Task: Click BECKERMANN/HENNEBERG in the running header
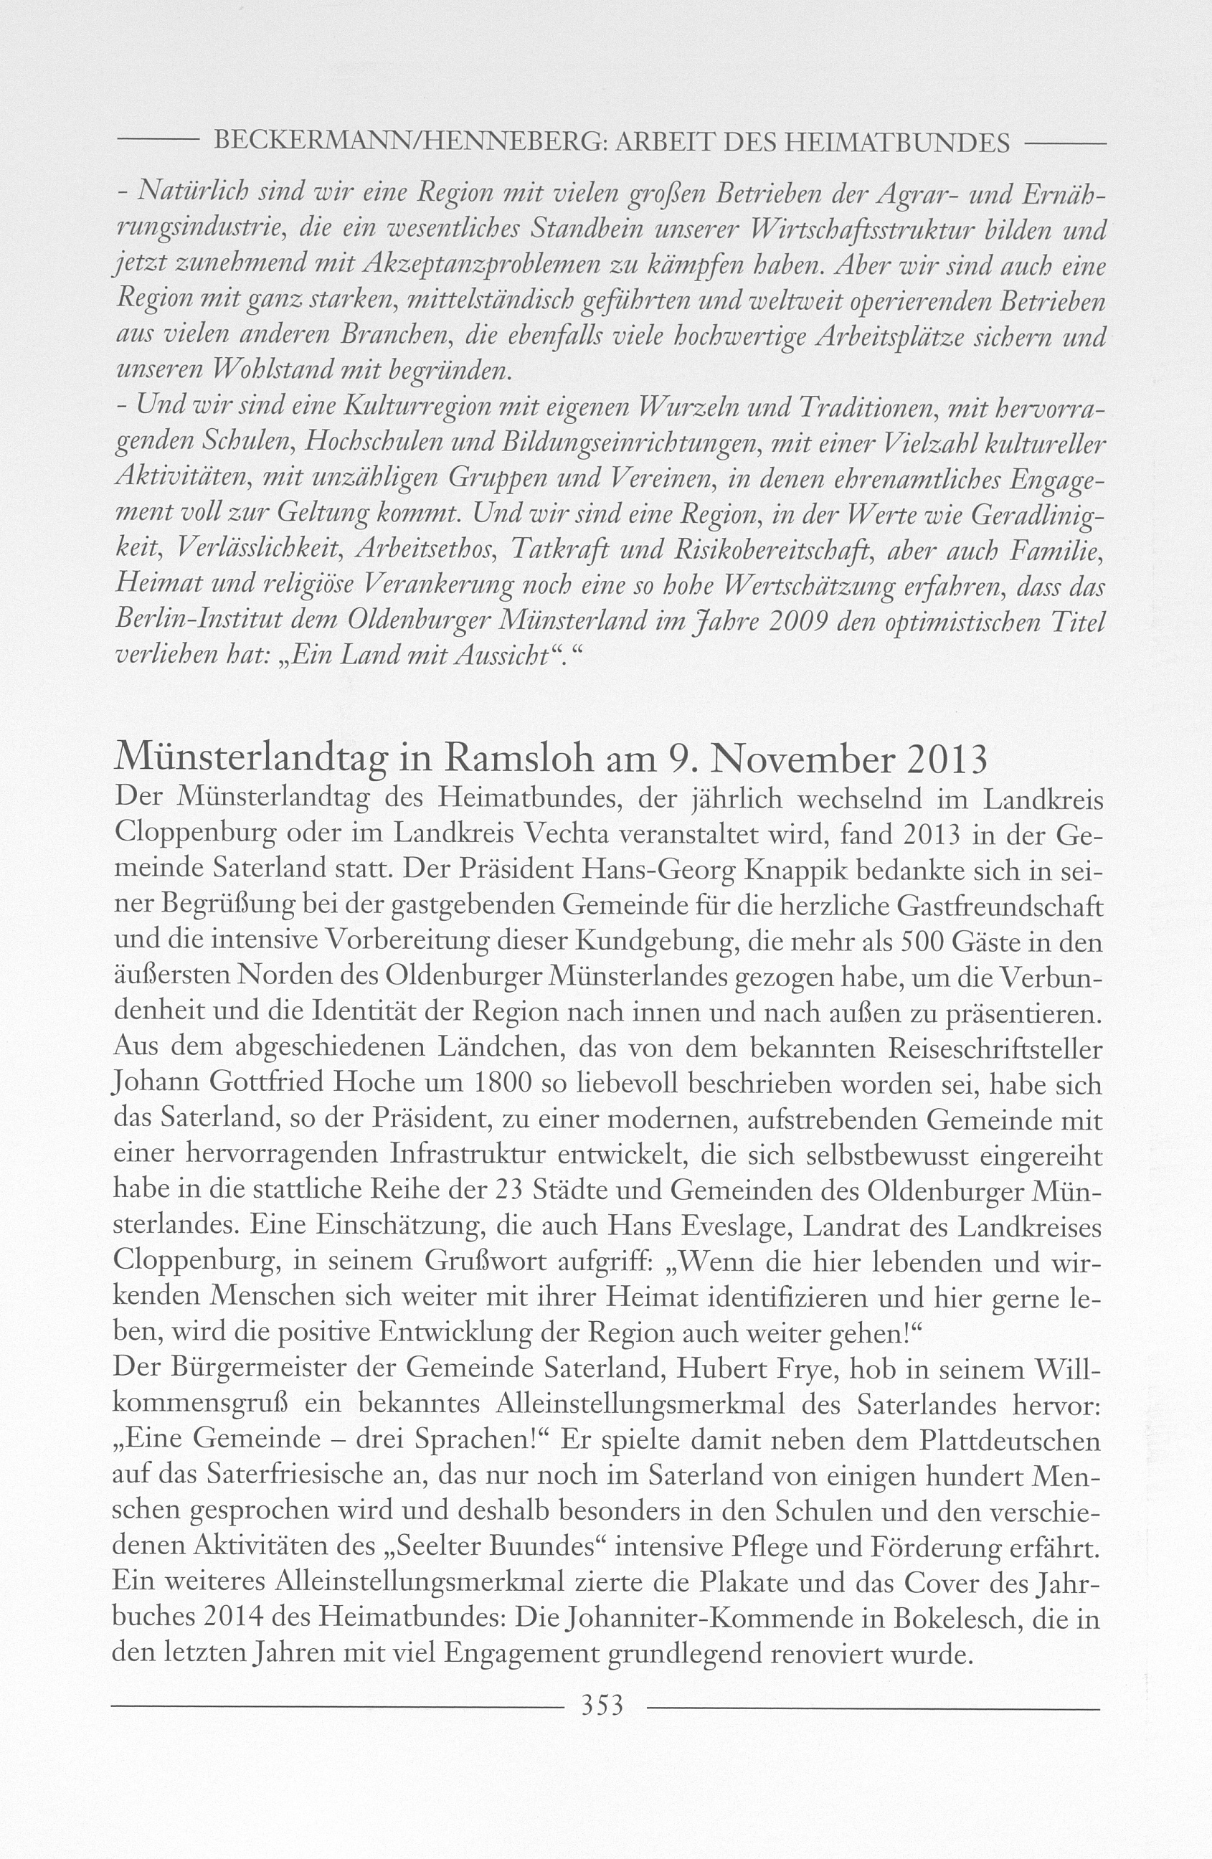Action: (405, 143)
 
